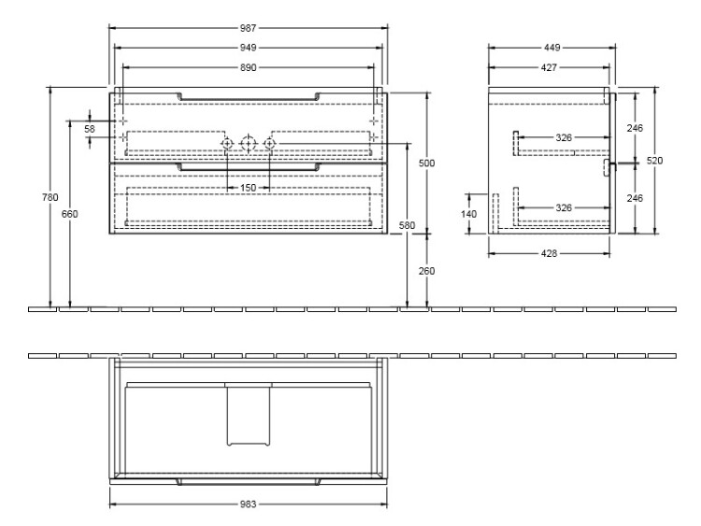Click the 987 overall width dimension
pyautogui.click(x=248, y=28)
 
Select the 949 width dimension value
pyautogui.click(x=248, y=48)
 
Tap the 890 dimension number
pyautogui.click(x=248, y=67)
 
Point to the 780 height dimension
pyautogui.click(x=50, y=197)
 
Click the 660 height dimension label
pyautogui.click(x=70, y=214)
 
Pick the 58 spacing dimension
pyautogui.click(x=90, y=129)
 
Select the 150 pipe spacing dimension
pyautogui.click(x=248, y=188)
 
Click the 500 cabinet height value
pyautogui.click(x=426, y=163)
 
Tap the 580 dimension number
pyautogui.click(x=407, y=226)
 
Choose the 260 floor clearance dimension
pyautogui.click(x=426, y=271)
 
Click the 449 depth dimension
pyautogui.click(x=551, y=48)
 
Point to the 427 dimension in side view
pyautogui.click(x=549, y=67)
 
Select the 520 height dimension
pyautogui.click(x=654, y=161)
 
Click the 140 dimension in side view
pyautogui.click(x=468, y=214)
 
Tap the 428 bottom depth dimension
pyautogui.click(x=549, y=253)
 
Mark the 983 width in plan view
pyautogui.click(x=248, y=505)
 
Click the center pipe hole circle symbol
pyautogui.click(x=248, y=144)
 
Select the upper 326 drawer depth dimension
pyautogui.click(x=564, y=137)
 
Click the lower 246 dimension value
pyautogui.click(x=635, y=198)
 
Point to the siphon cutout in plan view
pyautogui.click(x=249, y=414)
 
